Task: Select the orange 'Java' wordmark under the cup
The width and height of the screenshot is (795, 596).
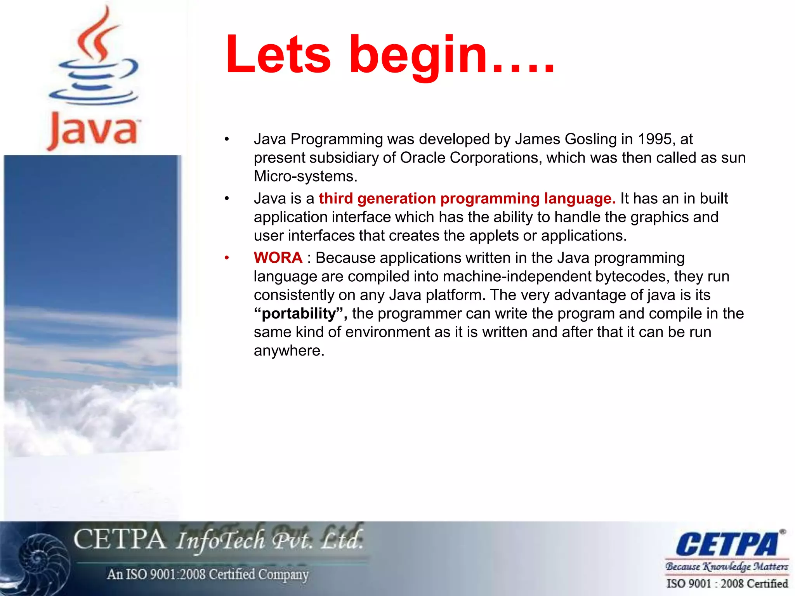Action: (93, 130)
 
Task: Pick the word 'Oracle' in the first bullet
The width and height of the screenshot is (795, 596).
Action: (423, 158)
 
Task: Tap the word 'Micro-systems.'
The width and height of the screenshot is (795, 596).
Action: (306, 177)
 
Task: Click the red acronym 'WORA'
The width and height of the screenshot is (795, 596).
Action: (278, 258)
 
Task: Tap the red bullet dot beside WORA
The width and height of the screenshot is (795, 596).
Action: (227, 258)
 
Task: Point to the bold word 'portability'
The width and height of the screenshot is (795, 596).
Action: (299, 314)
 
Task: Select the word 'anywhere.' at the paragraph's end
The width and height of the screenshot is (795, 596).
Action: (289, 351)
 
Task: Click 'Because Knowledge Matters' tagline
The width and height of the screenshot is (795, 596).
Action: (727, 567)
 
